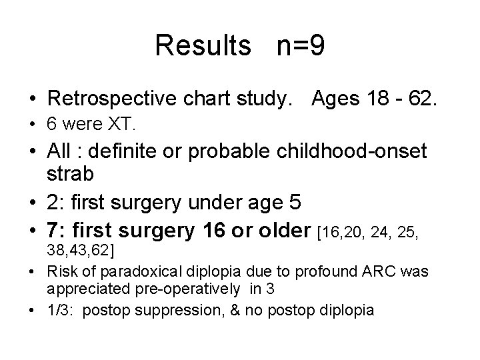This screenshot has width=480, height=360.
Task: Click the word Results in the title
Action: click(x=201, y=46)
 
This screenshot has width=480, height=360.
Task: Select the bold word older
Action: click(x=281, y=232)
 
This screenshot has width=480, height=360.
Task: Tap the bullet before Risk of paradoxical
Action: click(x=32, y=272)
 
